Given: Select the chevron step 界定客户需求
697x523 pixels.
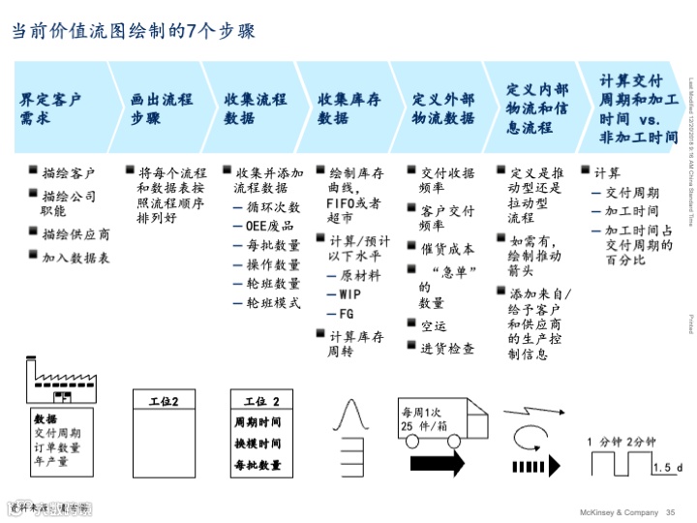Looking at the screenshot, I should click(53, 108).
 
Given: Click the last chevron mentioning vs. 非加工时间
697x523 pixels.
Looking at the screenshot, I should click(637, 108).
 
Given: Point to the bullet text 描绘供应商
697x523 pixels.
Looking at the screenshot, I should click(76, 234).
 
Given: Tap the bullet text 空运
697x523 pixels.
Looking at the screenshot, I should click(434, 326).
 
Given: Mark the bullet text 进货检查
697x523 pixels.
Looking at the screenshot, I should click(447, 348).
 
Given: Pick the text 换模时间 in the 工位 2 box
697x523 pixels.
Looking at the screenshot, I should click(258, 444).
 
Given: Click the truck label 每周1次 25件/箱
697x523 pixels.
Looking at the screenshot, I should click(427, 419).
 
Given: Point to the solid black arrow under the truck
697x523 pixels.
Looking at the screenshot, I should click(438, 460).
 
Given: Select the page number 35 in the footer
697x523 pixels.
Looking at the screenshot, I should click(670, 512).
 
